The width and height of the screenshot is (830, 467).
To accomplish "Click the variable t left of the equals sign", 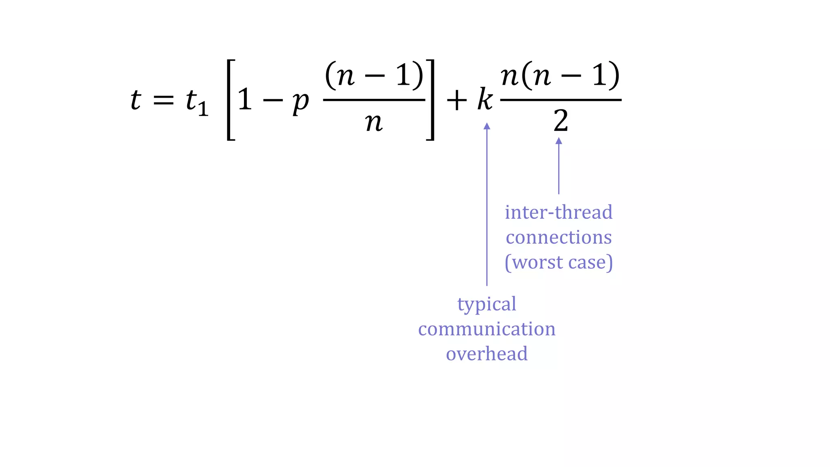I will pyautogui.click(x=135, y=100).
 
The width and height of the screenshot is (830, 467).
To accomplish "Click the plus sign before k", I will pyautogui.click(x=457, y=100).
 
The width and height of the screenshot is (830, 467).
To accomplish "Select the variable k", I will pyautogui.click(x=485, y=100).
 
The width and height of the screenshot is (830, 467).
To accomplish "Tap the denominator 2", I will pyautogui.click(x=561, y=121).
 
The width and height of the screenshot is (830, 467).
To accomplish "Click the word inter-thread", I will pyautogui.click(x=558, y=212).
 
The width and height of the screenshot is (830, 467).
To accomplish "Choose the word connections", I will pyautogui.click(x=558, y=238).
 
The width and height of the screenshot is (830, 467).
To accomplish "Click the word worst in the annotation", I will pyautogui.click(x=538, y=262).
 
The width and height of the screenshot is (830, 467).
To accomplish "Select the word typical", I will pyautogui.click(x=487, y=304).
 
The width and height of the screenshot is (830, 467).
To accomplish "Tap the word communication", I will pyautogui.click(x=487, y=329).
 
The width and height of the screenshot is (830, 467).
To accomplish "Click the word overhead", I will pyautogui.click(x=487, y=353).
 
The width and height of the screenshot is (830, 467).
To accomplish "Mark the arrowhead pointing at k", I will pyautogui.click(x=487, y=126).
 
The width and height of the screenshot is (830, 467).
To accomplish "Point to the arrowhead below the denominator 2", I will pyautogui.click(x=558, y=141).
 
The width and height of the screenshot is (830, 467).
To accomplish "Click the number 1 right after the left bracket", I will pyautogui.click(x=245, y=100).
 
